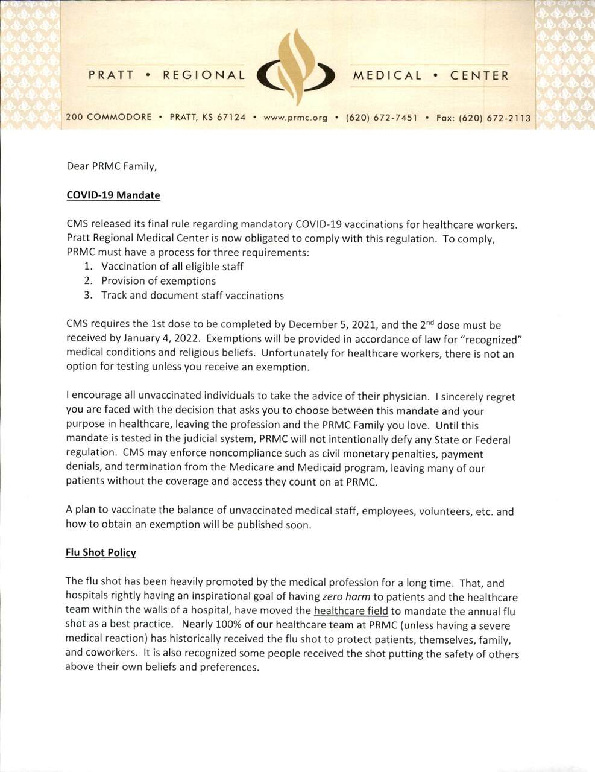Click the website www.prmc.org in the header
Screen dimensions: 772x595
[295, 118]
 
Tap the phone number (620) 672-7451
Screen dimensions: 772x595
[382, 118]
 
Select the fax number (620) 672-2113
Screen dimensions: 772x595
[495, 118]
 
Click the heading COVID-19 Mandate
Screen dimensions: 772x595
[113, 195]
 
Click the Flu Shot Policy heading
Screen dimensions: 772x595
[101, 552]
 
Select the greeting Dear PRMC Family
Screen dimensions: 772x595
[112, 166]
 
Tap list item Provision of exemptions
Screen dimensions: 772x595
[158, 281]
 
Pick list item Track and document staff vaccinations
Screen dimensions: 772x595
[192, 296]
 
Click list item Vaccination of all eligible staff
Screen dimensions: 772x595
[172, 267]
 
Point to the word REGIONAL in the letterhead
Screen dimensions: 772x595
[204, 75]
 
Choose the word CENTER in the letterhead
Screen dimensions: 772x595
[479, 75]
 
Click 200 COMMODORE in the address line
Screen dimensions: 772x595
[109, 118]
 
